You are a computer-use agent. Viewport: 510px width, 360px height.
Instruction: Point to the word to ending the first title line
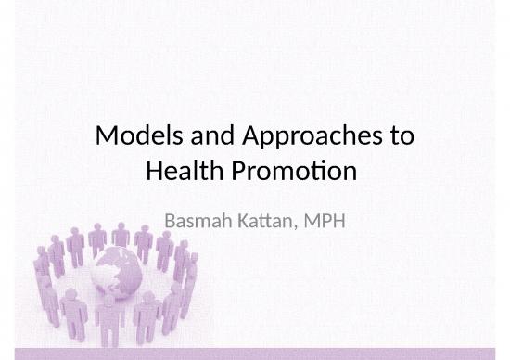(x=400, y=139)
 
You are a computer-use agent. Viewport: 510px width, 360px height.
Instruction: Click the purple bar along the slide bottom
(x=255, y=354)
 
